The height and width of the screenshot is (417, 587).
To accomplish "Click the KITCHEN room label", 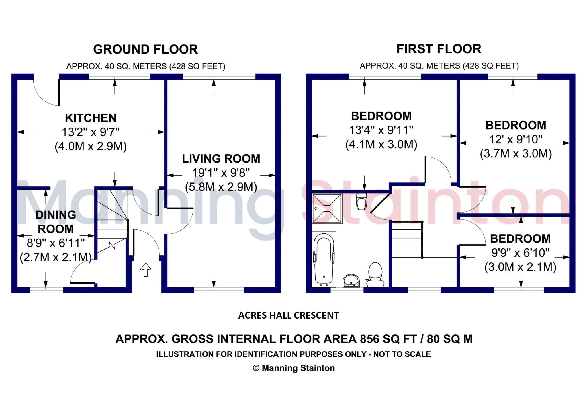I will (91, 118).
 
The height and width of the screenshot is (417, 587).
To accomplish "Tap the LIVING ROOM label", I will (221, 159).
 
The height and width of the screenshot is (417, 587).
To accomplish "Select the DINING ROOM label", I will (56, 222).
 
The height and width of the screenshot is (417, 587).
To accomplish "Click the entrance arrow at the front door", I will (146, 270).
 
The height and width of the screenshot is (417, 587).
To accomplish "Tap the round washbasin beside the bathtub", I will (351, 280).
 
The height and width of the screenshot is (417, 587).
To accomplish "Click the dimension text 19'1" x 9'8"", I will (221, 173).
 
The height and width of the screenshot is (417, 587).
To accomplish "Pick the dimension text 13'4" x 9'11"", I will (381, 130).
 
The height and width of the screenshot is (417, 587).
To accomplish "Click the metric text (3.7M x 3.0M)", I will (516, 154).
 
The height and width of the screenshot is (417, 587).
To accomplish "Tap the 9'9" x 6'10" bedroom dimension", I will (520, 253).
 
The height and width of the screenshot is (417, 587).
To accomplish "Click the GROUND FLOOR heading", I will (145, 49).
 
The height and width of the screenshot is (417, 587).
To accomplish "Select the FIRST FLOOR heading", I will (439, 49).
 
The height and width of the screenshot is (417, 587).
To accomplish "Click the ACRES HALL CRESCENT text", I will (288, 315).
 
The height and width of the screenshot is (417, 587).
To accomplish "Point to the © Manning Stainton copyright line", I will (293, 368).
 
